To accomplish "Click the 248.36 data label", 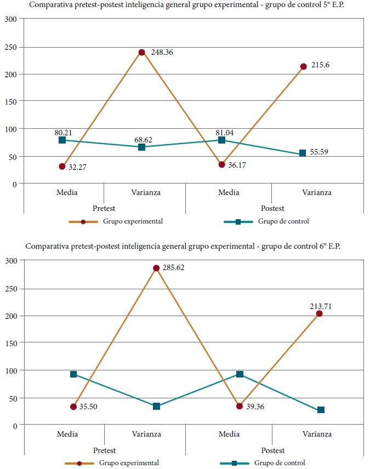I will click(162, 53).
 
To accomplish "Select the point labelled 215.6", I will click(303, 66).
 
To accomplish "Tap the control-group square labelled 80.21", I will click(62, 140).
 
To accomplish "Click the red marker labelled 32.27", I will click(62, 167).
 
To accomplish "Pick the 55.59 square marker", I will click(303, 154).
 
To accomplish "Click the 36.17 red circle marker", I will click(222, 164).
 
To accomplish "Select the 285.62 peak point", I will click(156, 268).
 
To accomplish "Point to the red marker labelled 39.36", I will click(240, 406).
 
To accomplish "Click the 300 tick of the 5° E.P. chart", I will click(12, 19).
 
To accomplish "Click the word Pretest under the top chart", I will click(104, 208).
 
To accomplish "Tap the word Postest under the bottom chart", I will click(272, 449).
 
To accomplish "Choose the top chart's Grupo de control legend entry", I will click(267, 221).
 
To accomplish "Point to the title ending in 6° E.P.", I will click(183, 246).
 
